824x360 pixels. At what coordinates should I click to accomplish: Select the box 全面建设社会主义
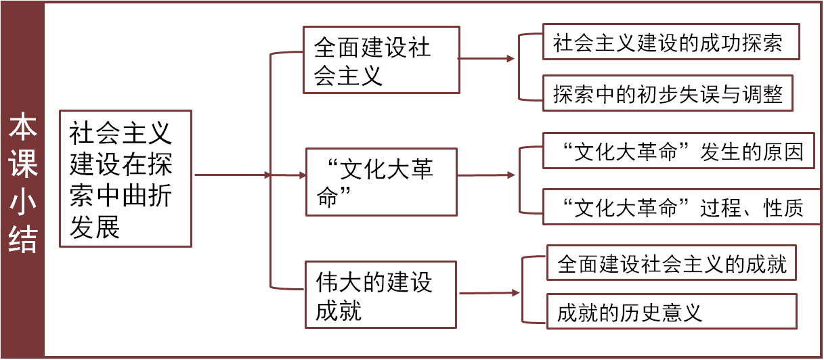click(x=381, y=60)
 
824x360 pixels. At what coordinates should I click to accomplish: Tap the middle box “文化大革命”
click(x=381, y=181)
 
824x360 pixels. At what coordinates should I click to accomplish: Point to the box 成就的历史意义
click(x=672, y=313)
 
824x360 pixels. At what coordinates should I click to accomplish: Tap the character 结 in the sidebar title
click(x=23, y=240)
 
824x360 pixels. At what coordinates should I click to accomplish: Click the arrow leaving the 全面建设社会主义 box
click(x=487, y=59)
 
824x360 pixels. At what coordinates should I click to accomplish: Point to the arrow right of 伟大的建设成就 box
click(x=490, y=293)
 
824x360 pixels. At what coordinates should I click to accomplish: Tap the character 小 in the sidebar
click(x=23, y=204)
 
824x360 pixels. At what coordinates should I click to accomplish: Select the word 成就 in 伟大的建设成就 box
click(x=339, y=311)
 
